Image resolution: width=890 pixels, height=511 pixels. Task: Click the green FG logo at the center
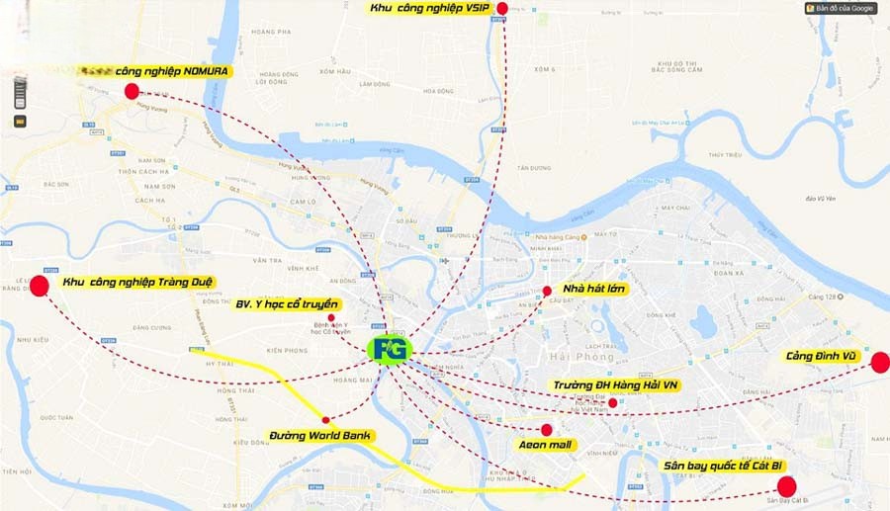(392, 349)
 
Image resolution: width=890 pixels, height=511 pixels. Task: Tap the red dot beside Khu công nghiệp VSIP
(502, 9)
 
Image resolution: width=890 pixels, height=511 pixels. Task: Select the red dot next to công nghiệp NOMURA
(132, 91)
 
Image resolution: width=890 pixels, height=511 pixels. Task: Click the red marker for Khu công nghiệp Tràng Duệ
(40, 286)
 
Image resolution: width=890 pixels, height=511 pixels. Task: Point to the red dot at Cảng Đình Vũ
(879, 362)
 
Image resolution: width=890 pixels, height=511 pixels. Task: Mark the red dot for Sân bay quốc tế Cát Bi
(787, 486)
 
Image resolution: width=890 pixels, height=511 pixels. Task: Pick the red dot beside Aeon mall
(547, 430)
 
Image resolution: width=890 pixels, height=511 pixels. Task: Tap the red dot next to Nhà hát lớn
(547, 291)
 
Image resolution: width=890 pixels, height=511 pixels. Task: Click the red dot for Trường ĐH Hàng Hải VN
(613, 402)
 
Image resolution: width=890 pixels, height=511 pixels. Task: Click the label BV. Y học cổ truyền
(287, 304)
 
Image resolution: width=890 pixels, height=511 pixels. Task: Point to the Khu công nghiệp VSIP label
(430, 9)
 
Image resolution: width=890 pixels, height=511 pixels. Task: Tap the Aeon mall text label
(546, 445)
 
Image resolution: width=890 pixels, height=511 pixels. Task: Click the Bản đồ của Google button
(841, 8)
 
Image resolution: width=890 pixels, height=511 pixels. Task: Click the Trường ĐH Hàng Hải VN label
(616, 384)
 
